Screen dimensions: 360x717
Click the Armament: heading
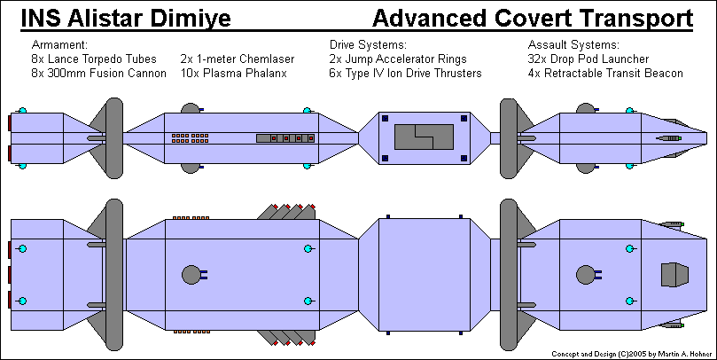[x=60, y=44]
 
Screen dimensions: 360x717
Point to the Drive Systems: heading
[x=368, y=44]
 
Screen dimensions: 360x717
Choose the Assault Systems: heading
[x=573, y=44]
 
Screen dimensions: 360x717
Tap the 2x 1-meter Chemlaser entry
[x=238, y=59]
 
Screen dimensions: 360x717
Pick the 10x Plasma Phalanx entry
[x=234, y=74]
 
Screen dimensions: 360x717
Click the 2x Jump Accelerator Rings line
[x=398, y=59]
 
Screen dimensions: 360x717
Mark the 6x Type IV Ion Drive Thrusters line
[x=405, y=74]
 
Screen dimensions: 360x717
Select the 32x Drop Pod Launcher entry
[x=588, y=59]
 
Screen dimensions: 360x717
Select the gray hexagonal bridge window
[x=674, y=275]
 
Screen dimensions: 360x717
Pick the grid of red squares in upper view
[x=191, y=137]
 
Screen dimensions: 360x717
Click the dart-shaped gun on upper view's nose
[x=674, y=138]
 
